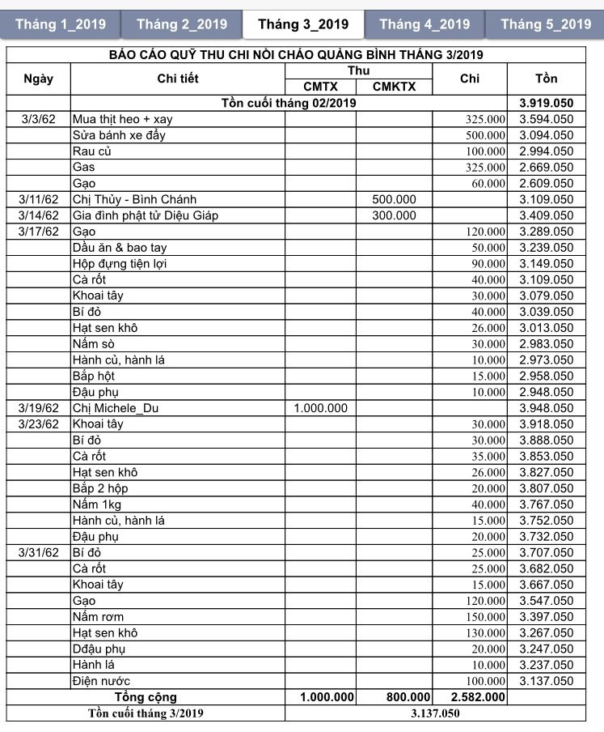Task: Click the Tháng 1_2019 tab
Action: [x=61, y=24]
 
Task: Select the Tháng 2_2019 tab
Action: [x=182, y=24]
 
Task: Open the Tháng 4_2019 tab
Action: [x=424, y=24]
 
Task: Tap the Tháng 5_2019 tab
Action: [x=546, y=24]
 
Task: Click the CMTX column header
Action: [x=320, y=87]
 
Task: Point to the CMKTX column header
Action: [x=394, y=87]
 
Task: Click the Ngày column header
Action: [x=39, y=79]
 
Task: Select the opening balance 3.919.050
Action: [x=546, y=103]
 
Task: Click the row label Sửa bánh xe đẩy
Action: [x=119, y=135]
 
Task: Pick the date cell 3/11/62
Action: [x=39, y=199]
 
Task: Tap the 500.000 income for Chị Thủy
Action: [x=394, y=199]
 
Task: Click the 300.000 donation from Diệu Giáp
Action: [x=394, y=215]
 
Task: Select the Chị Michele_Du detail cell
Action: [x=116, y=408]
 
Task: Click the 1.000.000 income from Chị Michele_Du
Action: [x=320, y=408]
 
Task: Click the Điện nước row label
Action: [x=101, y=681]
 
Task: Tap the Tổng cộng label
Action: [x=146, y=697]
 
